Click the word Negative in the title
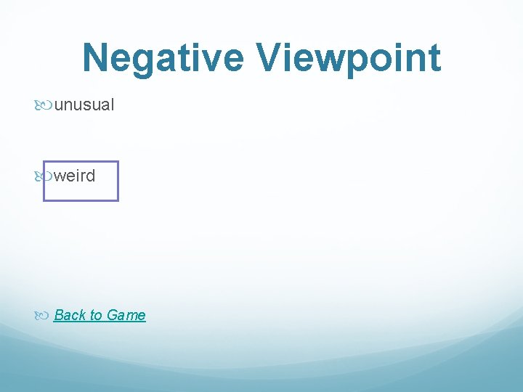point(163,57)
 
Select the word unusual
point(84,105)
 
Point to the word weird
point(75,176)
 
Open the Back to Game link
point(100,315)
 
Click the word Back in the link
point(70,315)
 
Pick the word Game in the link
point(126,315)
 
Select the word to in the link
point(96,315)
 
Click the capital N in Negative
point(97,57)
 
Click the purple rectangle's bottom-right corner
point(117,200)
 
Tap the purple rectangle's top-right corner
point(117,162)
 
